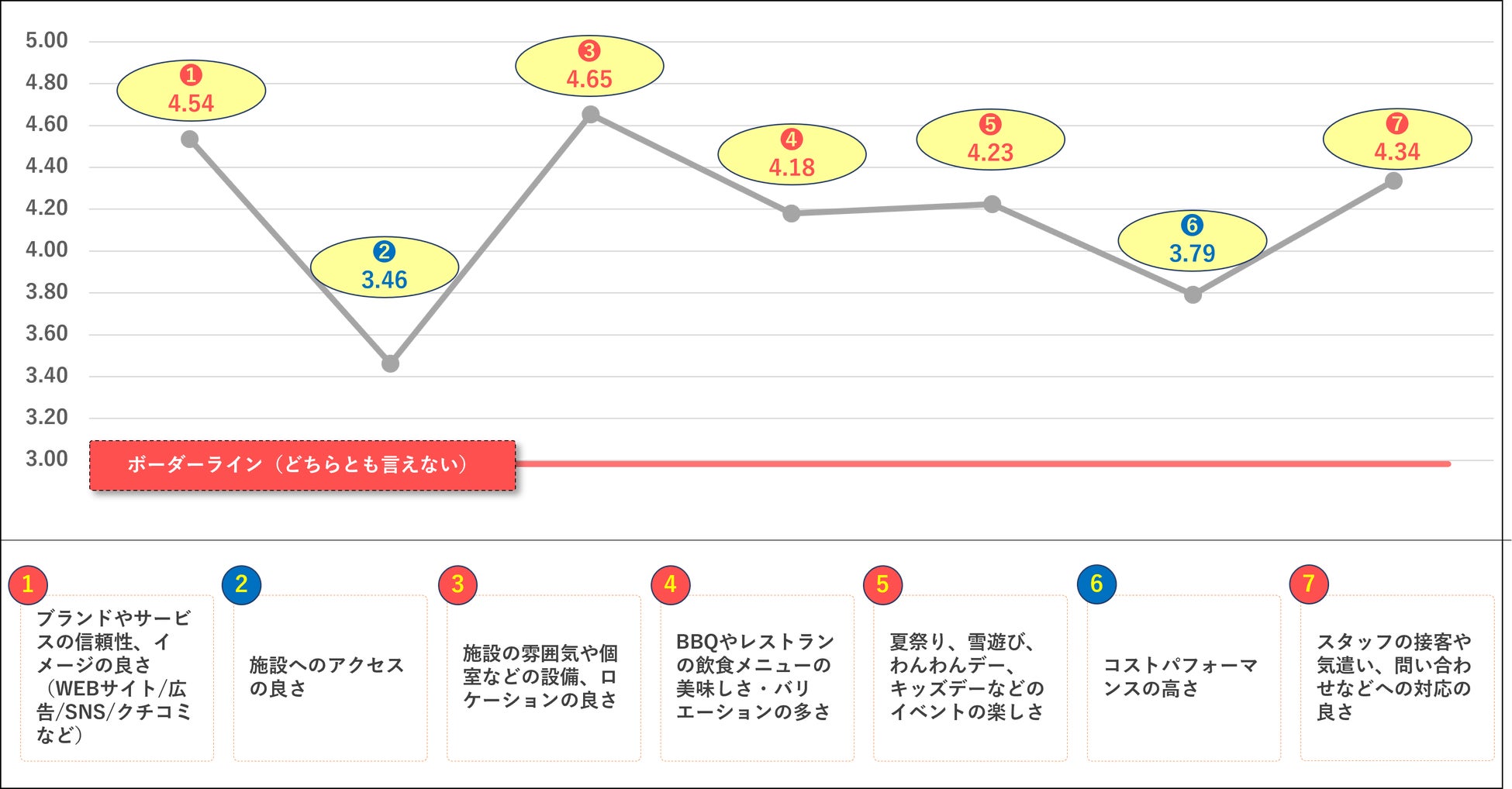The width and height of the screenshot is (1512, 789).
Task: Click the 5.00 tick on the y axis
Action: [47, 40]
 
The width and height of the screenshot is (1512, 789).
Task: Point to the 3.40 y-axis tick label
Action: [47, 375]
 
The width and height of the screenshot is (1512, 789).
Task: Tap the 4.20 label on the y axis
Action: [47, 208]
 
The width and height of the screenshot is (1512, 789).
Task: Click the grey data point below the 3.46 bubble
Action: [390, 363]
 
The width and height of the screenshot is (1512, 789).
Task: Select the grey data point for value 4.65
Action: [590, 115]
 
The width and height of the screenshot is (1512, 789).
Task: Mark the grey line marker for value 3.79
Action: [1193, 295]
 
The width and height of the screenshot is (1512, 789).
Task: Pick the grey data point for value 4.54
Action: [190, 140]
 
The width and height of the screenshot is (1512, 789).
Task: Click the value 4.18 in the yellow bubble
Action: [792, 167]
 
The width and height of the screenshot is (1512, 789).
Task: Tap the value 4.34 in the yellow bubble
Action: [1396, 152]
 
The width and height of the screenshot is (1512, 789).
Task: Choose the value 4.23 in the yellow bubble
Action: [990, 153]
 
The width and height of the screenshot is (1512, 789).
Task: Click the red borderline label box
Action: [302, 465]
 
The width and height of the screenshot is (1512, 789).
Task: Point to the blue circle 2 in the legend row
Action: [241, 584]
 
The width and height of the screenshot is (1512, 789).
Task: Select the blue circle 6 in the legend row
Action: [1096, 584]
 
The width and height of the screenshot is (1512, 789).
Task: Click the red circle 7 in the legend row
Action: [1309, 584]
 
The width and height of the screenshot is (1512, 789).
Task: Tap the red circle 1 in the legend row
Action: [28, 584]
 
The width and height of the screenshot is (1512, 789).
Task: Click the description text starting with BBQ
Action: [754, 677]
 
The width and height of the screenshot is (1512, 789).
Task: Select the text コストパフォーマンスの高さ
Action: [1180, 677]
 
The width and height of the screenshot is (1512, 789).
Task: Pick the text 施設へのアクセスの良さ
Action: [326, 677]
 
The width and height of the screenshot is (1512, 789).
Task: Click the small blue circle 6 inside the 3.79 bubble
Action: [1192, 226]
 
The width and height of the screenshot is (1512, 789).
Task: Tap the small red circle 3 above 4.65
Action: [589, 51]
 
